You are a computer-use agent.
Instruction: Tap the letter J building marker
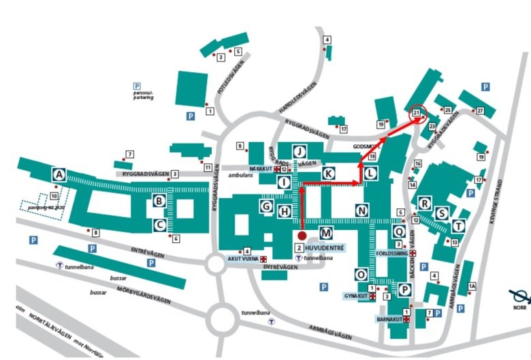pyautogui.click(x=300, y=151)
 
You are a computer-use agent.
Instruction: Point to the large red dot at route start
pyautogui.click(x=302, y=235)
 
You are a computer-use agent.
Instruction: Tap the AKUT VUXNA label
pyautogui.click(x=242, y=259)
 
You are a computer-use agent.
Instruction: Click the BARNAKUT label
pyautogui.click(x=389, y=318)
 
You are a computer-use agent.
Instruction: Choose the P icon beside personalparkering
pyautogui.click(x=136, y=86)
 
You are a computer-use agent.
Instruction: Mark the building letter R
pyautogui.click(x=425, y=203)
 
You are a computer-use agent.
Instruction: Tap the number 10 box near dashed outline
pyautogui.click(x=53, y=197)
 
